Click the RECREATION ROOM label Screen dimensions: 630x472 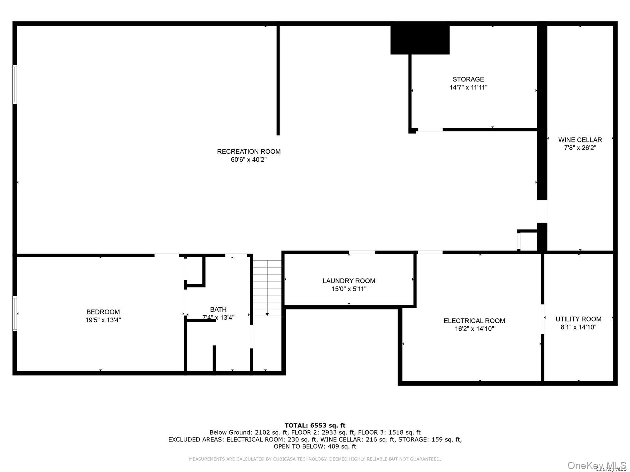[x=249, y=151]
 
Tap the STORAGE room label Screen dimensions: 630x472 [x=468, y=79]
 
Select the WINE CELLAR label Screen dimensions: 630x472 [x=580, y=140]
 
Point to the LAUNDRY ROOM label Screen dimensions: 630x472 [x=349, y=281]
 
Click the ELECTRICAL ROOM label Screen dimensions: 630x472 [x=474, y=321]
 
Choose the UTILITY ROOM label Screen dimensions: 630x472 [x=578, y=319]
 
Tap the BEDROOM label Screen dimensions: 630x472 [x=103, y=312]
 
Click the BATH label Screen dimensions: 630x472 [x=218, y=309]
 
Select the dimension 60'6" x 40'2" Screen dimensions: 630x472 [x=249, y=160]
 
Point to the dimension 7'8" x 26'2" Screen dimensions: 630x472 [x=580, y=148]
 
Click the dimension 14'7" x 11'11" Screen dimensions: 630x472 [x=468, y=87]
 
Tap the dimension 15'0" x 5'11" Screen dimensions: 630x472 [x=349, y=289]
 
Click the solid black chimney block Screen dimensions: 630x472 [x=420, y=40]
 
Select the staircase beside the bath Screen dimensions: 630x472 [x=267, y=288]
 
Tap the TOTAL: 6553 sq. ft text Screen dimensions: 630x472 [x=315, y=425]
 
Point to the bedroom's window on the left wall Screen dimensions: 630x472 [x=15, y=313]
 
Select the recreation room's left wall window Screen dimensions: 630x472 [x=15, y=85]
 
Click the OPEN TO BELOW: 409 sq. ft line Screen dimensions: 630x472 [x=315, y=446]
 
